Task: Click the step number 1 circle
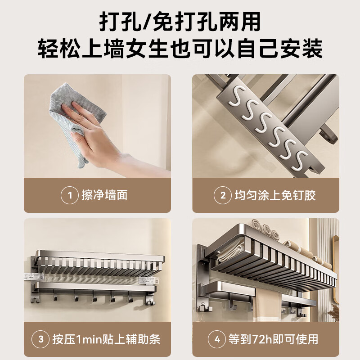70,195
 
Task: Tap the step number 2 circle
222,195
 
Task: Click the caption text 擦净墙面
104,195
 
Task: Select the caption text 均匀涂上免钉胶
274,195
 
